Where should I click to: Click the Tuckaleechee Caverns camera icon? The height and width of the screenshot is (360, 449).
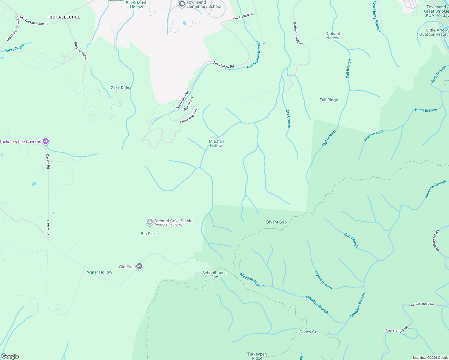(46, 141)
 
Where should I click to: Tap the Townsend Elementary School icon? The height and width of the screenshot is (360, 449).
(182, 4)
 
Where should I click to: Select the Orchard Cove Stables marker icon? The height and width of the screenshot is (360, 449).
(149, 222)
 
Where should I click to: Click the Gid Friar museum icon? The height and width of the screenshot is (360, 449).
(139, 266)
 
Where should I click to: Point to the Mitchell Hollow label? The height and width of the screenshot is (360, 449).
(216, 143)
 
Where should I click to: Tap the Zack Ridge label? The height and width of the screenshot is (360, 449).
(121, 88)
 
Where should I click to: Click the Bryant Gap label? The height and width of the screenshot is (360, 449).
(276, 222)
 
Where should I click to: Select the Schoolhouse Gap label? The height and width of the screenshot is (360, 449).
(214, 275)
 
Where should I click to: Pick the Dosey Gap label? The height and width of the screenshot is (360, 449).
(309, 332)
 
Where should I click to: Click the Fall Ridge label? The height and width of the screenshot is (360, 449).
(329, 100)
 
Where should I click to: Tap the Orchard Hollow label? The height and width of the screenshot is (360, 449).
(333, 36)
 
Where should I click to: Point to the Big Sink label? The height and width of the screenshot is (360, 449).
(148, 234)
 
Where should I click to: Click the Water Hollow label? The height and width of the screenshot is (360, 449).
(99, 272)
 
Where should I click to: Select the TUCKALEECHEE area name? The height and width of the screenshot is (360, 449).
(63, 17)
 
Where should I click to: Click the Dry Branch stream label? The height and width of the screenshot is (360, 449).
(288, 118)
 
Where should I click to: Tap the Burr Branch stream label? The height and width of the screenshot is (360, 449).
(351, 240)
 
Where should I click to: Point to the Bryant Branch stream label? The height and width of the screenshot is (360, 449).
(323, 280)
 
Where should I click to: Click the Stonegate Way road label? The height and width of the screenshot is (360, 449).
(189, 116)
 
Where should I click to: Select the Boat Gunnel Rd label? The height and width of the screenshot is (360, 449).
(81, 51)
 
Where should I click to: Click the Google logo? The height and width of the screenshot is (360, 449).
(10, 356)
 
